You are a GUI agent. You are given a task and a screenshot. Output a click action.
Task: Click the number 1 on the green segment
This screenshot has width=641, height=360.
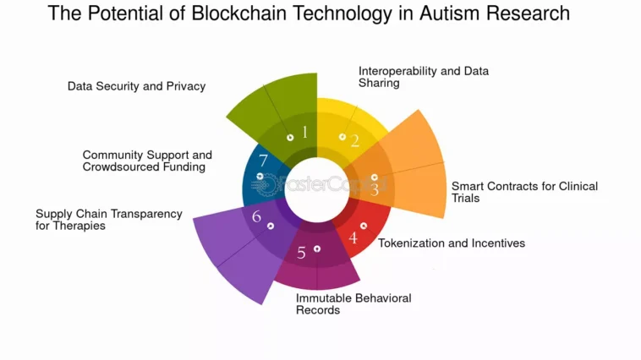pos(304,132)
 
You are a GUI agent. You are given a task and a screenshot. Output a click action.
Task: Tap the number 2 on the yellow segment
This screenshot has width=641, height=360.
pos(355,141)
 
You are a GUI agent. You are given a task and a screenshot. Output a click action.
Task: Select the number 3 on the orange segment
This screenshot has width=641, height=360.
pos(375,189)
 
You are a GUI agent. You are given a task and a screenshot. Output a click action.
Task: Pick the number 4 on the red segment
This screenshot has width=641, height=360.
pos(353,237)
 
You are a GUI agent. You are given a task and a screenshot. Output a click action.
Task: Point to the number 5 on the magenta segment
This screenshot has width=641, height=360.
pos(301,253)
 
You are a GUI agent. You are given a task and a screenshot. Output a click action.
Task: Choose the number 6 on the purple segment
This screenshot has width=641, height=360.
pos(256,216)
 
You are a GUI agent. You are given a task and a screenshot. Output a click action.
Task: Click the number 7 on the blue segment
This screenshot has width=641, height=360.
pos(263,161)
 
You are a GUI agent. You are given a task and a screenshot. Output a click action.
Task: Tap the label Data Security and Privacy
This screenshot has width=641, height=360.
pos(136,86)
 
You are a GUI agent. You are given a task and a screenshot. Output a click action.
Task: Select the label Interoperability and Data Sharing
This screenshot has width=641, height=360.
pos(424,77)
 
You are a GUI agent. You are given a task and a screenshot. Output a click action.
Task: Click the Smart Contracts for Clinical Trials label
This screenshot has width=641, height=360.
pos(524,192)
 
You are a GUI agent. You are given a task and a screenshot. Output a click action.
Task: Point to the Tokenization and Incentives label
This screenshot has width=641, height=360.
pos(452,243)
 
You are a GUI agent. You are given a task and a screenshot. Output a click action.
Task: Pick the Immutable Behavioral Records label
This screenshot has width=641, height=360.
pos(353,304)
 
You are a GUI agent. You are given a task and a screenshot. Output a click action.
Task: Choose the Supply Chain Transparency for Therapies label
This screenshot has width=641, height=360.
pos(109,220)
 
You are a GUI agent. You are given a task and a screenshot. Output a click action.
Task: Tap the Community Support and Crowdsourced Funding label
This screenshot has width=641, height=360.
pos(147,161)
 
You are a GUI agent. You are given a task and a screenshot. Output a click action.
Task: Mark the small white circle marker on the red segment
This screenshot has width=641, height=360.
pos(364,226)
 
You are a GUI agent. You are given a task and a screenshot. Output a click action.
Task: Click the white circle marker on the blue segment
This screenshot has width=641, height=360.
pos(260,176)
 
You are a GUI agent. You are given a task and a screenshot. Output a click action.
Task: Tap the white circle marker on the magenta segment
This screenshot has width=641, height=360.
pos(317,248)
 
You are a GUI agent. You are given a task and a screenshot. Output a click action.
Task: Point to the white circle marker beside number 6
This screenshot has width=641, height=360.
pos(271,226)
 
